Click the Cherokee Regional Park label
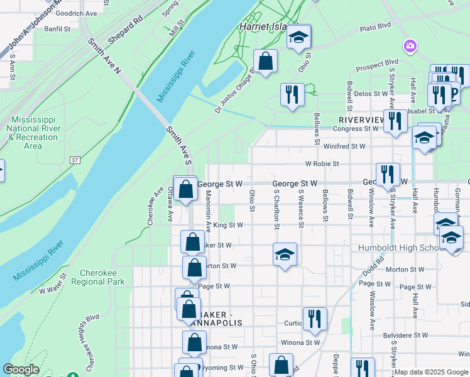pyautogui.click(x=102, y=278)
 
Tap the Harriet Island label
pyautogui.click(x=263, y=27)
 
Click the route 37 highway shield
pyautogui.click(x=75, y=161)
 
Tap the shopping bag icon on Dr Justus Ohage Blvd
pyautogui.click(x=266, y=62)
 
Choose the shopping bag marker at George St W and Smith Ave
pyautogui.click(x=185, y=188)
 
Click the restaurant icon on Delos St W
pyautogui.click(x=292, y=94)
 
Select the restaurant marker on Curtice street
pyautogui.click(x=313, y=319)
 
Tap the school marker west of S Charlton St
pyautogui.click(x=285, y=254)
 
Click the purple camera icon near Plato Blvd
pyautogui.click(x=410, y=45)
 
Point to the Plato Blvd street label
pyautogui.click(x=375, y=28)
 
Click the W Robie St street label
pyautogui.click(x=322, y=163)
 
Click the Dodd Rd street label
pyautogui.click(x=373, y=266)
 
